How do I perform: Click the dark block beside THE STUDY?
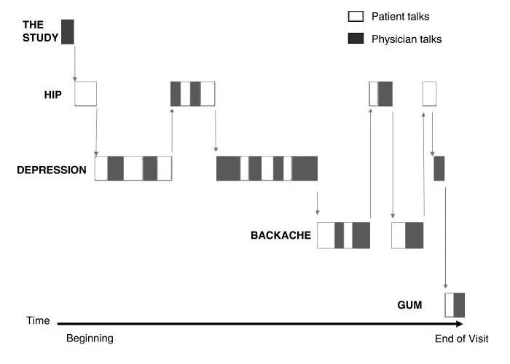tap(68, 32)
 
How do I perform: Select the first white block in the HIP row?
tap(86, 94)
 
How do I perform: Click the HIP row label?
tap(50, 95)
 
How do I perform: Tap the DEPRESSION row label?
tap(52, 170)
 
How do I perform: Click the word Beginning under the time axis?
tap(90, 339)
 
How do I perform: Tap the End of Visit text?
tap(461, 339)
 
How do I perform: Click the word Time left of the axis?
tap(38, 320)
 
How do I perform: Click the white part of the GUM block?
tap(450, 304)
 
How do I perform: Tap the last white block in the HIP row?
tap(429, 94)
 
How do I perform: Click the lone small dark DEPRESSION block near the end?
tap(439, 169)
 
